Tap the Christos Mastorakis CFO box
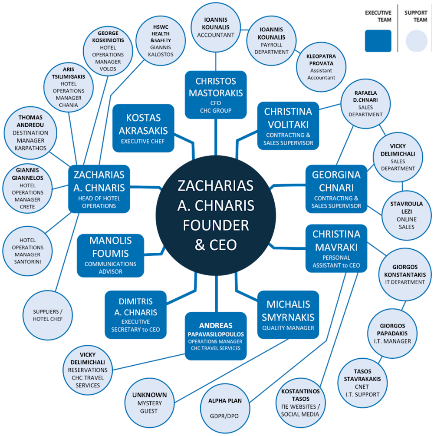pos(216,95)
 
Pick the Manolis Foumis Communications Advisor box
pos(110,255)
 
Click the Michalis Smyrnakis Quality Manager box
pos(288,314)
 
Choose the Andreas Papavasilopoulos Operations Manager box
pos(216,336)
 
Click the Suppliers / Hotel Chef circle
pos(48,315)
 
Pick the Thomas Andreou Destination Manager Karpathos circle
pos(31,132)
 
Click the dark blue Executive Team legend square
pos(378,41)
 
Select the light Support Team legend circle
pos(417,41)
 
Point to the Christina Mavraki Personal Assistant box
pos(336,248)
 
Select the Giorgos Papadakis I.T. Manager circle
pos(392,333)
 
